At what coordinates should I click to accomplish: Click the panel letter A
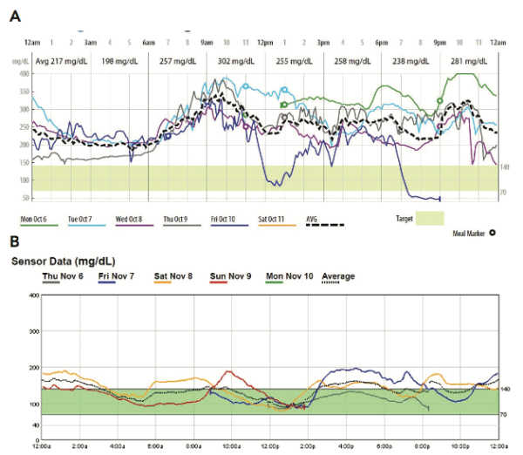15,16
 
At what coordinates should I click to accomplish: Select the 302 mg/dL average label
236,61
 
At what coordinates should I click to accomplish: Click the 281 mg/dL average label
469,61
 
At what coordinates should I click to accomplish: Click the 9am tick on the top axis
207,42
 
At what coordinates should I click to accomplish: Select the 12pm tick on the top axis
265,42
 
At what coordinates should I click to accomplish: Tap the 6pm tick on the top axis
381,42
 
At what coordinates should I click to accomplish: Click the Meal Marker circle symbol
492,233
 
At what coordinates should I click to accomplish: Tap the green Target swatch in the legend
430,218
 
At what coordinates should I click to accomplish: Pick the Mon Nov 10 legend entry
287,276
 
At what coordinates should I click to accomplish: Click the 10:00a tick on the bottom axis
231,445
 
